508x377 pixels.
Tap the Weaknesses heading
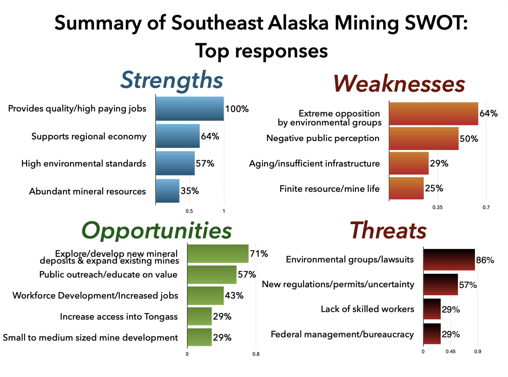[399, 83]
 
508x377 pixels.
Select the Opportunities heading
[157, 231]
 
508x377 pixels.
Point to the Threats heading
[387, 231]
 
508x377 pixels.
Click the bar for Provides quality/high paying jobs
[190, 109]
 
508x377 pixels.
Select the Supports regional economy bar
[177, 136]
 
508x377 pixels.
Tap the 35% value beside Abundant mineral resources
[190, 191]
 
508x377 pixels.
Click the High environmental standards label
[84, 164]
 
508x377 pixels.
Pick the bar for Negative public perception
[423, 139]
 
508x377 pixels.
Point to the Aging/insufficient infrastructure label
[315, 164]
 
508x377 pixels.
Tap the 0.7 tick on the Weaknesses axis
[486, 208]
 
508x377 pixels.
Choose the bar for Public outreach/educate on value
[212, 274]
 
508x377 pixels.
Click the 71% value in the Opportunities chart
[259, 254]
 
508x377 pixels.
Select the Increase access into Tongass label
[119, 316]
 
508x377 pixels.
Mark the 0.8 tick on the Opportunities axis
[256, 354]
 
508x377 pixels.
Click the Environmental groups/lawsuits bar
[449, 259]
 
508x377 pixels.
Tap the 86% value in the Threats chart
[485, 260]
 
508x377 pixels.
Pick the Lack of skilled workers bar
[432, 309]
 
